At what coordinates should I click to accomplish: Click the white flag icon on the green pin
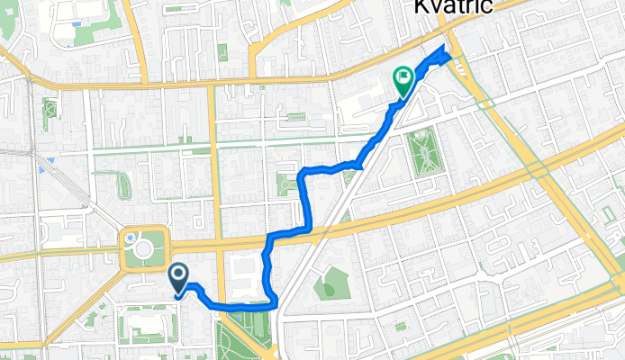(x=402, y=78)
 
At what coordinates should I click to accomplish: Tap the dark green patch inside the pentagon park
(x=330, y=289)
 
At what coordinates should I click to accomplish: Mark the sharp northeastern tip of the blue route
(x=447, y=45)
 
